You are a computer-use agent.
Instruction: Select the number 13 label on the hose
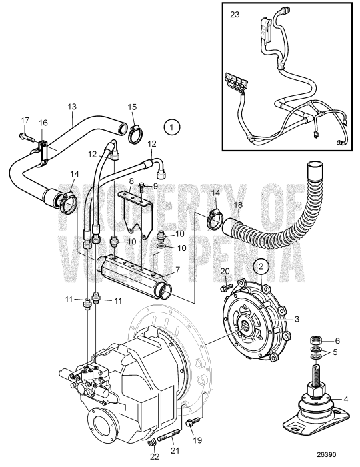pyautogui.click(x=72, y=106)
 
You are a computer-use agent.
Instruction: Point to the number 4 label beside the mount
pyautogui.click(x=345, y=400)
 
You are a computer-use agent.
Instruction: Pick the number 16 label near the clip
pyautogui.click(x=44, y=123)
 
